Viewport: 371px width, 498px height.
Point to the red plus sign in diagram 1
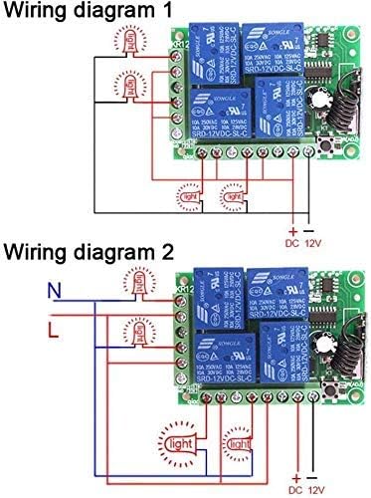293,229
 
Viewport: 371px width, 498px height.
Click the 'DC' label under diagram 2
293,489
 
